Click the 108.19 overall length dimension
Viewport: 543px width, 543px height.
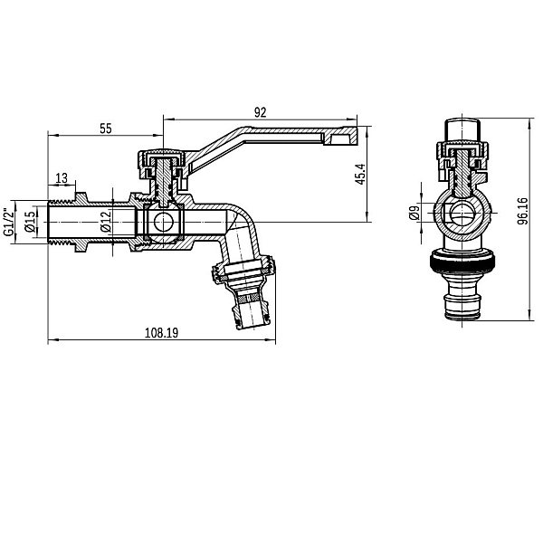(161, 332)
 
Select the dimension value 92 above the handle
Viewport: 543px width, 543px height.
(260, 112)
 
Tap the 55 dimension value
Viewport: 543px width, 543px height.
(106, 129)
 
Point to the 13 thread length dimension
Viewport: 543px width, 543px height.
(62, 177)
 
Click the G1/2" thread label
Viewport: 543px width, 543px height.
(10, 221)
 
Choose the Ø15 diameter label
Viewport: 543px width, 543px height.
(30, 221)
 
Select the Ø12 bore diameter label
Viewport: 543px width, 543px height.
(106, 221)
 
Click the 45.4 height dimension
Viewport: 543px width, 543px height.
(359, 174)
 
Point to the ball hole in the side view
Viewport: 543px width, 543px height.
(164, 222)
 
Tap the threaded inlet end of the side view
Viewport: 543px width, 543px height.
(63, 221)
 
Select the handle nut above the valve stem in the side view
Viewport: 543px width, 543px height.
(163, 162)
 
